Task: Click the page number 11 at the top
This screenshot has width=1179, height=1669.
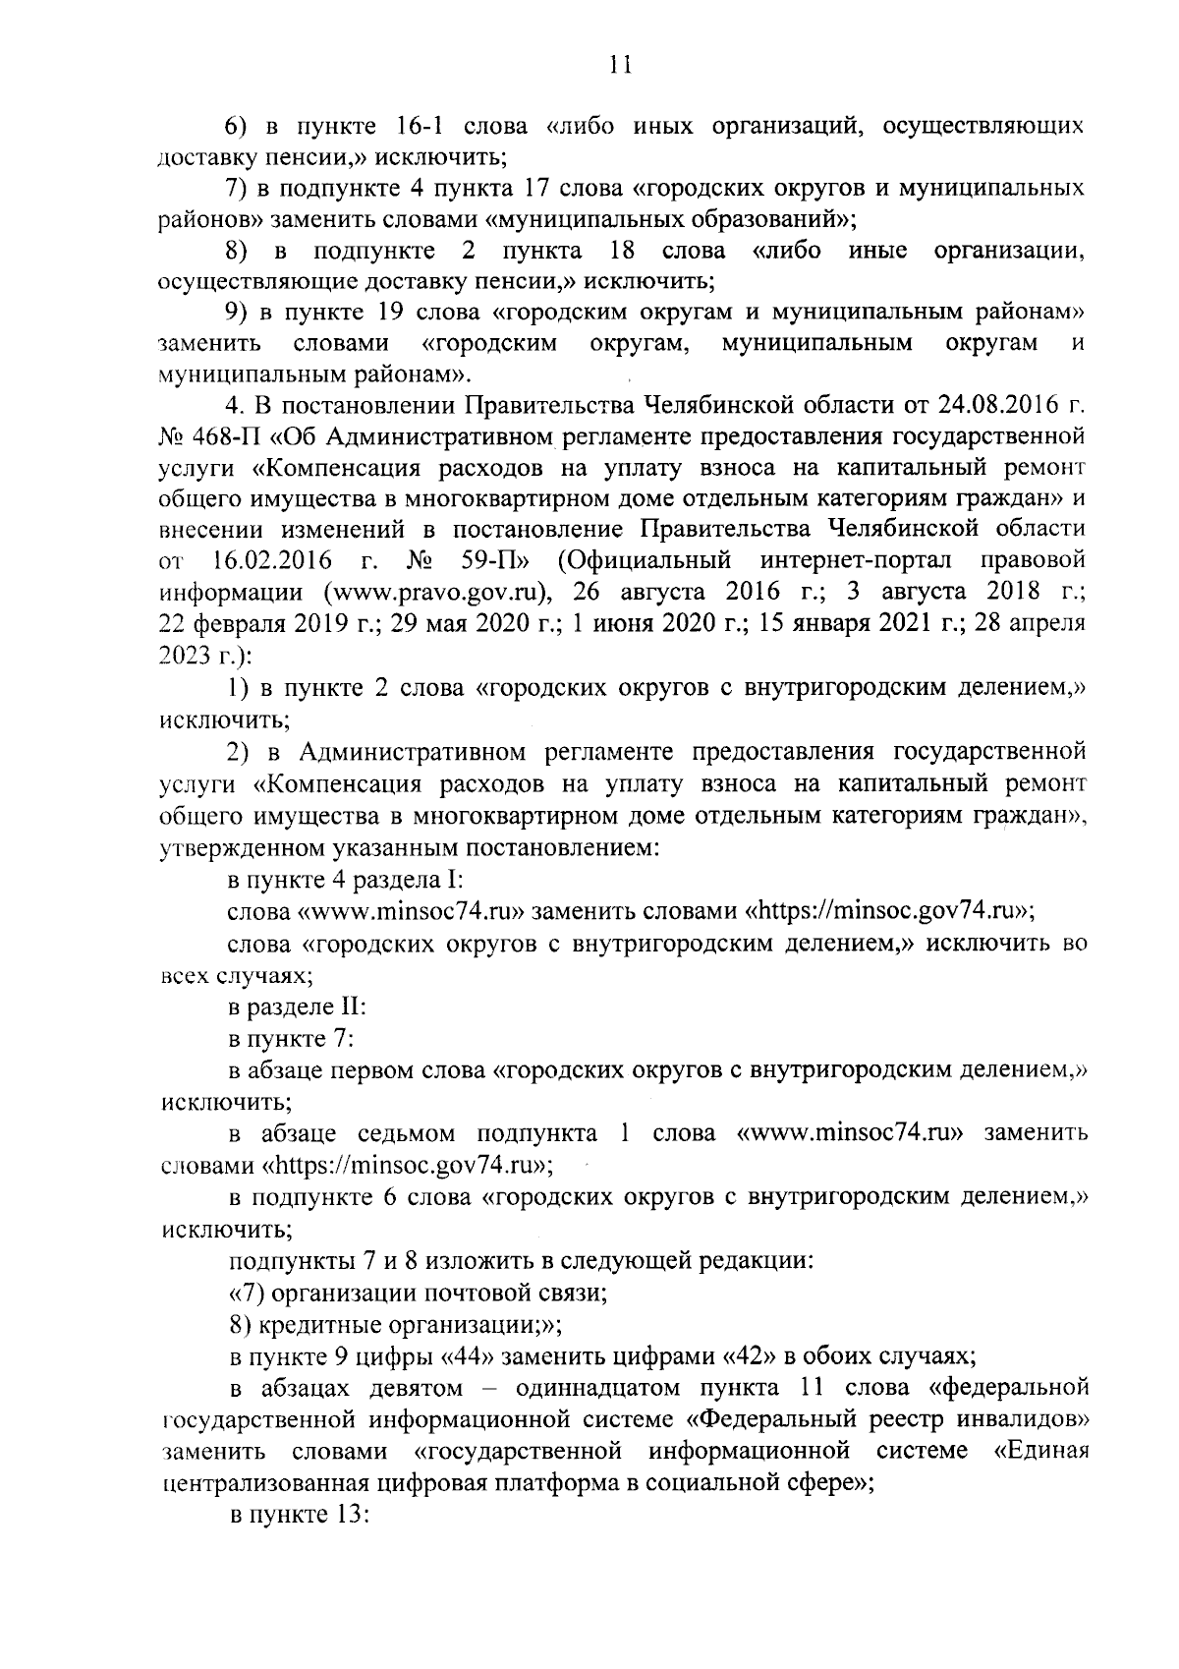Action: [619, 66]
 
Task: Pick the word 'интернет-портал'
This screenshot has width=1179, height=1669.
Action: [858, 561]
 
